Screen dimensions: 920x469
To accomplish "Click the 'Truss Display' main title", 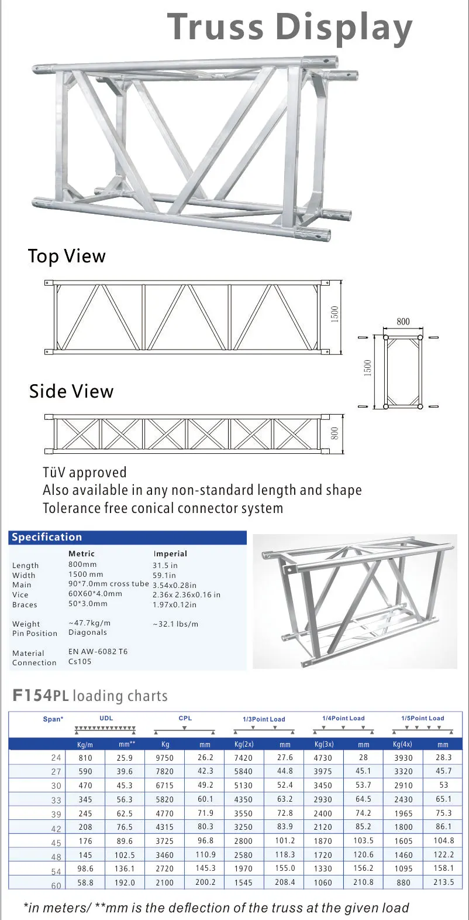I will coord(289,27).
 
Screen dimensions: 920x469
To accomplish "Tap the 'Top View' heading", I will coord(67,256).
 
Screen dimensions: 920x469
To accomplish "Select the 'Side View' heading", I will coord(71,391).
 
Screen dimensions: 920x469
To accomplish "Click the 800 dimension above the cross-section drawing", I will coord(403,322).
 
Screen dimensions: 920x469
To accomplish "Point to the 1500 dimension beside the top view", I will coord(335,313).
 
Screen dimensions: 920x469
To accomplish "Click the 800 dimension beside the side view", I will coord(335,433).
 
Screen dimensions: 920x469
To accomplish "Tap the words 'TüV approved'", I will coord(84,472).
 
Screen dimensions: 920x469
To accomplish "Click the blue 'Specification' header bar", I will coord(127,537).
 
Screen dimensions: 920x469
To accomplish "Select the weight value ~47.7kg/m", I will coord(89,623).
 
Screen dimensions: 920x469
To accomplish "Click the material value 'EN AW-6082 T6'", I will coord(98,651).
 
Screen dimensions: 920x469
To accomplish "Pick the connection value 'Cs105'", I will coord(80,662).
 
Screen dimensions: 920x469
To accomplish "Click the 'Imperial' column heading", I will coord(170,553).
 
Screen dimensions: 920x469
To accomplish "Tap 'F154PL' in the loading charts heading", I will coord(40,696).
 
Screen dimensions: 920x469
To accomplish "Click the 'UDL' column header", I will coord(106,718).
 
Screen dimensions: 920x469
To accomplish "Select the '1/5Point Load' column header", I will coord(422,718).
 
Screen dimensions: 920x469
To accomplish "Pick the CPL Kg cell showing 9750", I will coord(164,758).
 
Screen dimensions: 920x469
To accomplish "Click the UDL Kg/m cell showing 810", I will coord(85,758).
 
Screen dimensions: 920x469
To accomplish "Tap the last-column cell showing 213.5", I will coord(443,882).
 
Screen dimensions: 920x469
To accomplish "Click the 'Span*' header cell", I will coord(53,719).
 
